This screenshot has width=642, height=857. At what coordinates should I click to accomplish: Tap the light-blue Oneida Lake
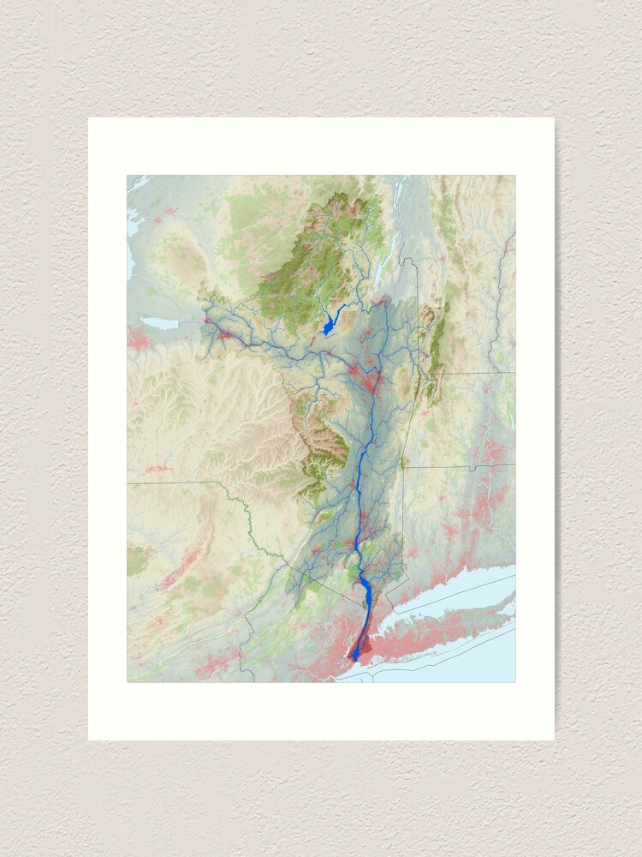click(x=159, y=323)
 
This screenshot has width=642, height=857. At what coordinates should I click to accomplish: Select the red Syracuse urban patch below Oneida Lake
click(x=137, y=337)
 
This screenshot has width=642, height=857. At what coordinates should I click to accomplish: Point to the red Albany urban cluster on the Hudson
click(x=371, y=382)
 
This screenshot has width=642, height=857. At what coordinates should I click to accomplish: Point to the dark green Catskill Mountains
click(x=325, y=446)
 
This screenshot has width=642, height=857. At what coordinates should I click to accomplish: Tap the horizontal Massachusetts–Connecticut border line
click(x=462, y=466)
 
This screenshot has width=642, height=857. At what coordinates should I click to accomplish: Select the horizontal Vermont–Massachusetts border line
click(x=471, y=373)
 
